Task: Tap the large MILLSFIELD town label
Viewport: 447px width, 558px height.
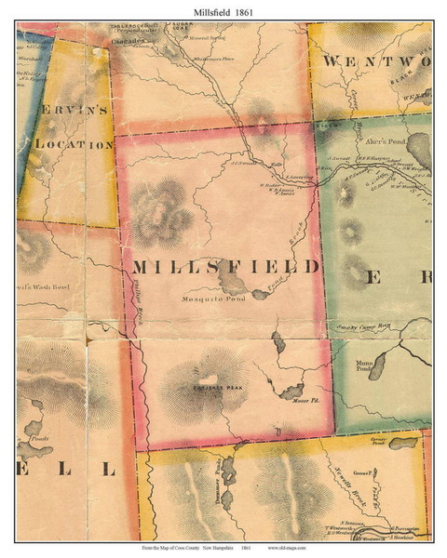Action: point(226,267)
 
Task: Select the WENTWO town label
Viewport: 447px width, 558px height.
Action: point(377,60)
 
